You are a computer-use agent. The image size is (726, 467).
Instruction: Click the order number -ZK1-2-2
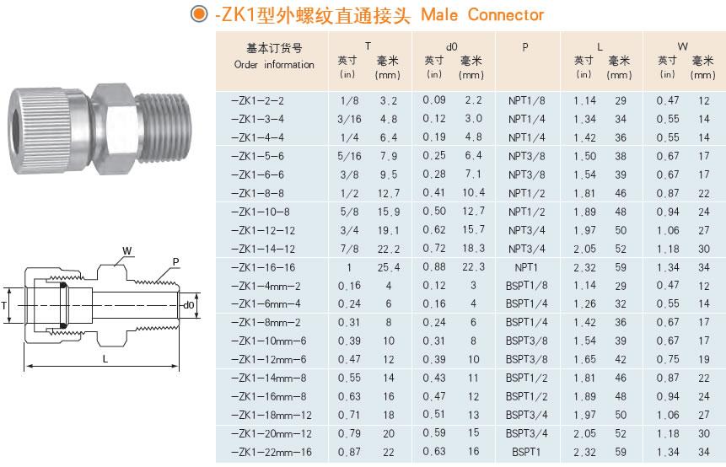[x=257, y=100]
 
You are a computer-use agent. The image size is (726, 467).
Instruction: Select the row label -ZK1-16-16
[x=263, y=267]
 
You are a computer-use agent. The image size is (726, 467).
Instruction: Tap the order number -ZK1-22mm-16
[x=272, y=452]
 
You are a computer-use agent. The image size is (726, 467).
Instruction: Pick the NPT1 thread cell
[x=526, y=267]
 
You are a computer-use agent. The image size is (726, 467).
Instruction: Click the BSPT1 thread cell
[x=526, y=452]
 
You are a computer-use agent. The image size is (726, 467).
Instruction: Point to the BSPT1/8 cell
[x=526, y=286]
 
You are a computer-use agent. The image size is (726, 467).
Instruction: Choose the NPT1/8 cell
[x=526, y=100]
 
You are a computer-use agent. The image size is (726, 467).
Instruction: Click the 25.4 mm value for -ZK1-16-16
[x=389, y=267]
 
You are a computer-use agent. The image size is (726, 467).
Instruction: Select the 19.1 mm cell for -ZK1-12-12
[x=389, y=230]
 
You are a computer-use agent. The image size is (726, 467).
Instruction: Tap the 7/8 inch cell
[x=349, y=249]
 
